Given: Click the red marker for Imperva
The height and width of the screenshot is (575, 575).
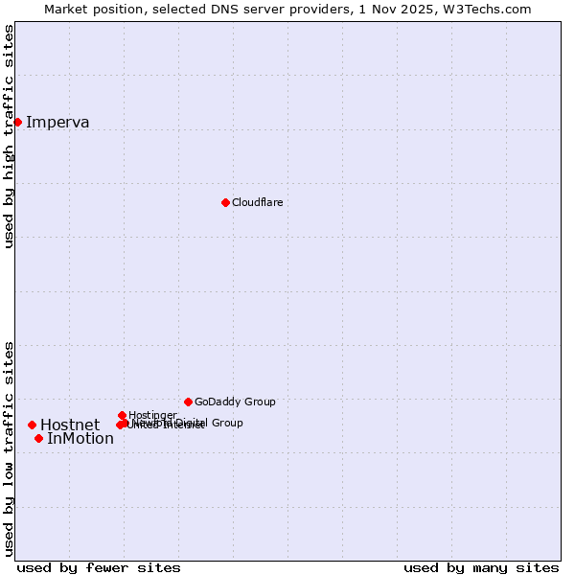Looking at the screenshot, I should (x=17, y=122).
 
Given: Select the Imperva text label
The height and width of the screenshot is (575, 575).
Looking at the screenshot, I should (x=57, y=122).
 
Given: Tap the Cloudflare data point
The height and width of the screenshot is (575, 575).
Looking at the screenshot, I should (x=225, y=202).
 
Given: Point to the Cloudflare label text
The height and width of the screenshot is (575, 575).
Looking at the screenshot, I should (x=257, y=202).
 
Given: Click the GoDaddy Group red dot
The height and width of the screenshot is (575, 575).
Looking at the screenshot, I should (x=188, y=402).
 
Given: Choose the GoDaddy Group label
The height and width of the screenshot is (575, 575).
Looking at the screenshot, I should (x=235, y=402).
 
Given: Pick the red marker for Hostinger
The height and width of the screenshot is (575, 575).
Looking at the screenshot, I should (x=122, y=415).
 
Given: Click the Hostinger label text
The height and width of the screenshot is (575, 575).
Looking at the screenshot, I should (x=151, y=415).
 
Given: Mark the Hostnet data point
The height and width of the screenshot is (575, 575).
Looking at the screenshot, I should (x=32, y=425).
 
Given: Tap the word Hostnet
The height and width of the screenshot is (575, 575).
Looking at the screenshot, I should (x=70, y=425).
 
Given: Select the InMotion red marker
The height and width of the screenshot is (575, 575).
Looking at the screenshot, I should (x=38, y=438).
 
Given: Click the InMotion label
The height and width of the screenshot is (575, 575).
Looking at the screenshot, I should (x=80, y=439).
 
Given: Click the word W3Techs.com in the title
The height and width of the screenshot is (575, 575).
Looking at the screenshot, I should (x=493, y=9).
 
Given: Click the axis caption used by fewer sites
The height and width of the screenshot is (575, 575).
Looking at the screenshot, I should (x=99, y=567).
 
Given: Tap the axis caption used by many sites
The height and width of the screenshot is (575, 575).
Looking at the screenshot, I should (x=481, y=567).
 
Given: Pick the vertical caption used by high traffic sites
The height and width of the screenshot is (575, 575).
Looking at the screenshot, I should (x=10, y=136).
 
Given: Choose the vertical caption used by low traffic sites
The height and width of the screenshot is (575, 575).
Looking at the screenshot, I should (x=10, y=448).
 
